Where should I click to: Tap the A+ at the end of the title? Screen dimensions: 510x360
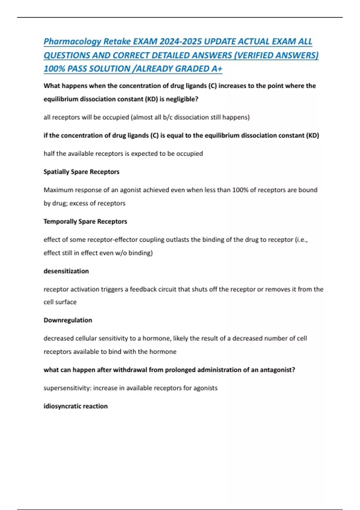coord(217,69)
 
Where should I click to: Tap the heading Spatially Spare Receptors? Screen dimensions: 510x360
coord(81,172)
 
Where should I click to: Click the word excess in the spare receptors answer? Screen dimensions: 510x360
coord(79,203)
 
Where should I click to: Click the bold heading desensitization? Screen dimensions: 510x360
coord(66,271)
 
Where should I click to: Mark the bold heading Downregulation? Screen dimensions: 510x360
coord(68,320)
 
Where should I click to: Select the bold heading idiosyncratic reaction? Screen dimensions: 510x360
coord(75,406)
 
